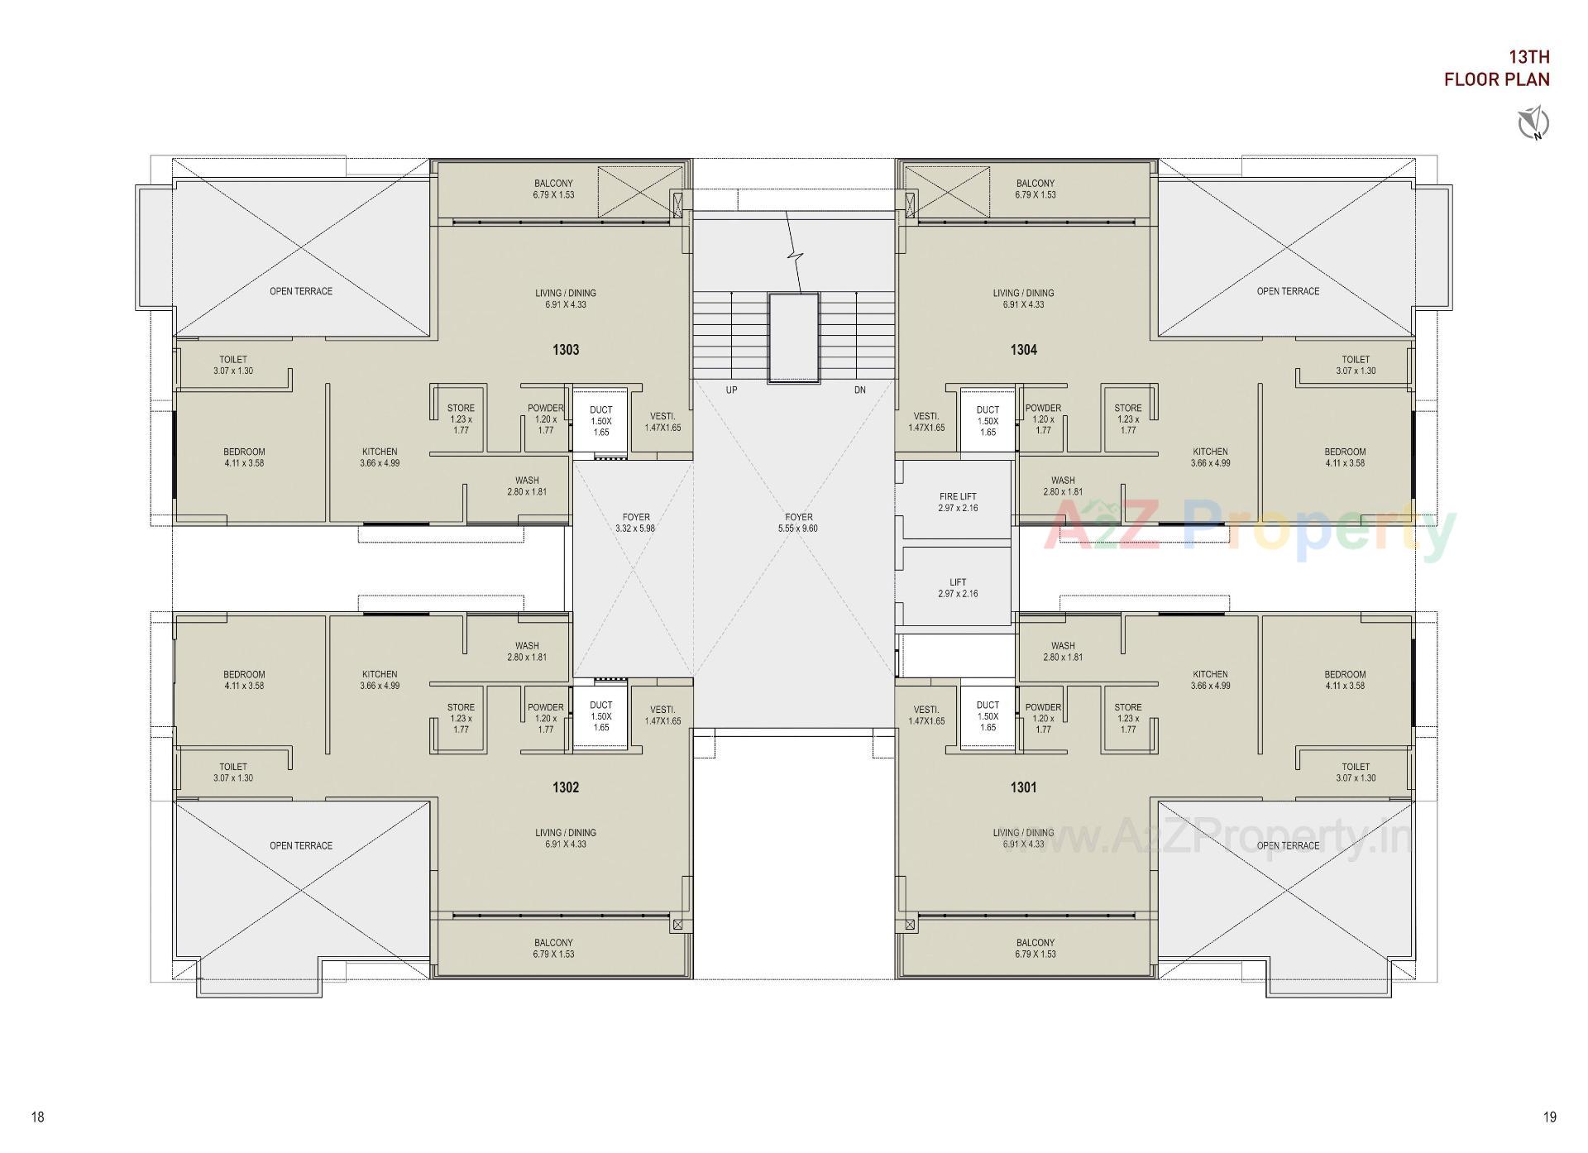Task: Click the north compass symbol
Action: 1533,124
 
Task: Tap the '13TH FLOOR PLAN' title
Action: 1496,68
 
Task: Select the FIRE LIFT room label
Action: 958,497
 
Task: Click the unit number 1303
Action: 566,350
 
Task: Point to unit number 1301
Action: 1023,787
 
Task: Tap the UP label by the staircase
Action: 731,390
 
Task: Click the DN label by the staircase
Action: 860,390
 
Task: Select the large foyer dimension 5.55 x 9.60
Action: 799,529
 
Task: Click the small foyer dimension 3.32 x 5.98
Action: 635,529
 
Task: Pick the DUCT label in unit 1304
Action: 988,409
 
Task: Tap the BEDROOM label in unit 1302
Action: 244,674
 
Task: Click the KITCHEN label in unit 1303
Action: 380,452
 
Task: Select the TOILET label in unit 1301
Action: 1356,767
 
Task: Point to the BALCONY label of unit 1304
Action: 1036,184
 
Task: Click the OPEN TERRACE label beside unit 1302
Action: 301,845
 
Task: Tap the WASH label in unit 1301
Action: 1063,646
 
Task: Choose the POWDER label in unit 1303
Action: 546,408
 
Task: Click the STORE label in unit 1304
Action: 1128,408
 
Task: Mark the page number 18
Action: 38,1117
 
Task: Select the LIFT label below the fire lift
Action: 958,582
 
